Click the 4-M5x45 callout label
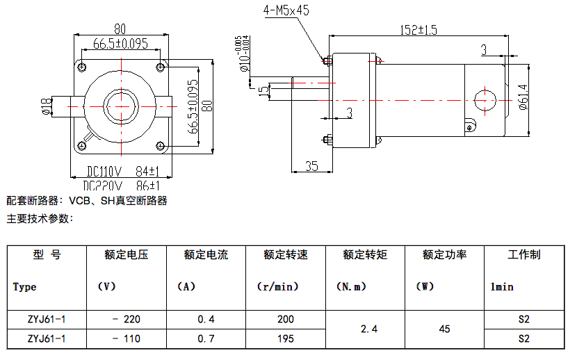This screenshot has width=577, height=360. tap(286, 10)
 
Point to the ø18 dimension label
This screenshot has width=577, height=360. tap(46, 105)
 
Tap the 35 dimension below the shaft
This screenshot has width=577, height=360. tap(311, 165)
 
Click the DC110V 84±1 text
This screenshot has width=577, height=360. tap(124, 171)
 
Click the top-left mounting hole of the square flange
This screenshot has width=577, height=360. tap(82, 67)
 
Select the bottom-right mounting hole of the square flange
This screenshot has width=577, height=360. tap(161, 145)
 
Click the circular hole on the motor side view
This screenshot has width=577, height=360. tap(484, 99)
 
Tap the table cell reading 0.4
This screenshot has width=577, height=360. tap(206, 319)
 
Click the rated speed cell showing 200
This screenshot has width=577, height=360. tap(285, 319)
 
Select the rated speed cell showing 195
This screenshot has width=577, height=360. tap(285, 338)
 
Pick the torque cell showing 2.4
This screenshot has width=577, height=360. tap(364, 329)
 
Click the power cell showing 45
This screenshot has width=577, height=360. tap(444, 329)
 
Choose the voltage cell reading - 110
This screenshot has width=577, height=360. tap(126, 338)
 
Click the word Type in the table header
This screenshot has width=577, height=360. tap(25, 286)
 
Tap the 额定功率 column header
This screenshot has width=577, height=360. tap(444, 254)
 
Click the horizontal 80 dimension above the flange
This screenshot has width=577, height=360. tap(120, 28)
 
